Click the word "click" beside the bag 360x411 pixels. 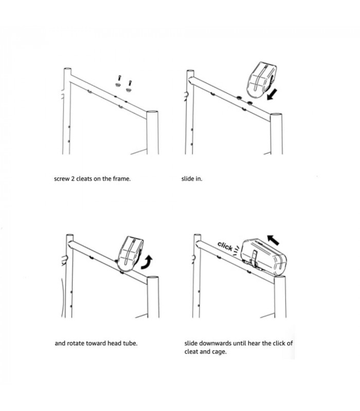[x=225, y=246]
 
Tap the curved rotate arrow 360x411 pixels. [x=147, y=263]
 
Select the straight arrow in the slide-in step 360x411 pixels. [x=272, y=95]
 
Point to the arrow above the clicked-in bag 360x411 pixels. [x=273, y=240]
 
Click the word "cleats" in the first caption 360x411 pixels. [x=84, y=179]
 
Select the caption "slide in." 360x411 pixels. [x=192, y=179]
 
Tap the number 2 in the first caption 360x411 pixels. [x=73, y=179]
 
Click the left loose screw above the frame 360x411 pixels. [x=119, y=78]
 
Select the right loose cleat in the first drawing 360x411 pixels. [x=128, y=90]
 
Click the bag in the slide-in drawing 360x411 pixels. [x=261, y=80]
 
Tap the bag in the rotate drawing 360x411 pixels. [x=131, y=253]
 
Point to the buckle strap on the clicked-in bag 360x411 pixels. [x=254, y=258]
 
